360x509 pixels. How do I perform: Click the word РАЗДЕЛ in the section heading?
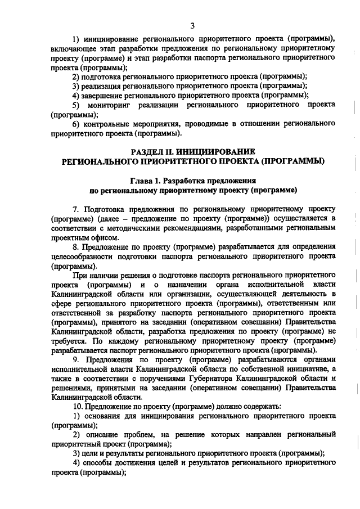tap(148, 152)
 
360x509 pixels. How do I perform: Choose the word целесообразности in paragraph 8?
tap(83, 256)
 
